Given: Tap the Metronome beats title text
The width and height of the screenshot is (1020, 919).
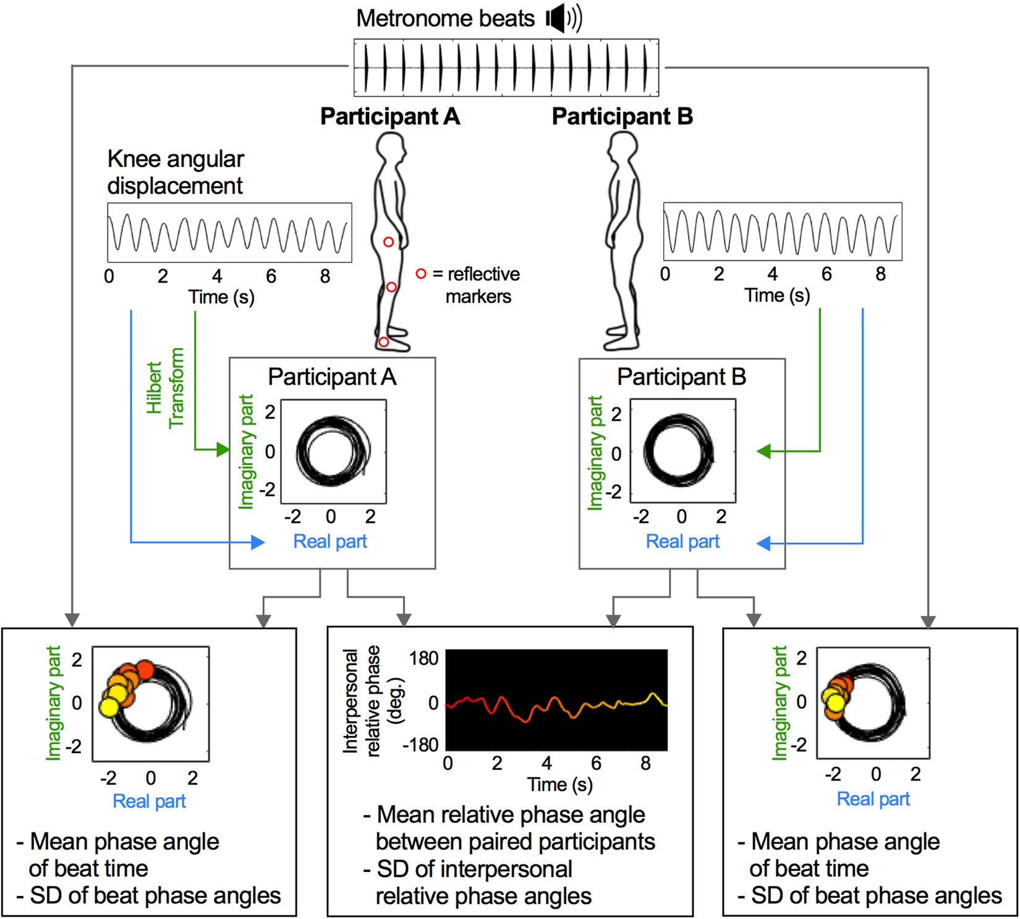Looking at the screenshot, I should click(445, 19).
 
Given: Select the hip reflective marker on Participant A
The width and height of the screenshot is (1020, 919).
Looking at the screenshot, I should click(388, 242).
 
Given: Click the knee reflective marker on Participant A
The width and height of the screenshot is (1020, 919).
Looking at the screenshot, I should click(391, 287).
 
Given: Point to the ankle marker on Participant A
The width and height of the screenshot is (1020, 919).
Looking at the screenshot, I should click(383, 342).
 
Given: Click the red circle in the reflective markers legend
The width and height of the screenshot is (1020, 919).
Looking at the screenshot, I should click(421, 273).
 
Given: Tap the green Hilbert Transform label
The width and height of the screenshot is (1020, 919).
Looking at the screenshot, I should click(165, 388).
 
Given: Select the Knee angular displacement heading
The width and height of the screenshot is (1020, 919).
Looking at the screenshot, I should click(176, 172).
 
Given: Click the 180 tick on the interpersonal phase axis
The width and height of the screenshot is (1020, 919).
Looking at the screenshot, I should click(423, 658).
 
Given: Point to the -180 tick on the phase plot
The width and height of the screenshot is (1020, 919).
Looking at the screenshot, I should click(420, 745).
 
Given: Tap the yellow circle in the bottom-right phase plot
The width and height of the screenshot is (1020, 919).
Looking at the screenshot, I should click(835, 703).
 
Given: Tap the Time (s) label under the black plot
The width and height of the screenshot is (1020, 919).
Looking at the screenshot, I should click(559, 784).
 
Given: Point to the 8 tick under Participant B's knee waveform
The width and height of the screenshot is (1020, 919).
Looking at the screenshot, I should click(880, 273).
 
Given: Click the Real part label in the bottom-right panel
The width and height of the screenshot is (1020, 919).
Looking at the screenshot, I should click(873, 799).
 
